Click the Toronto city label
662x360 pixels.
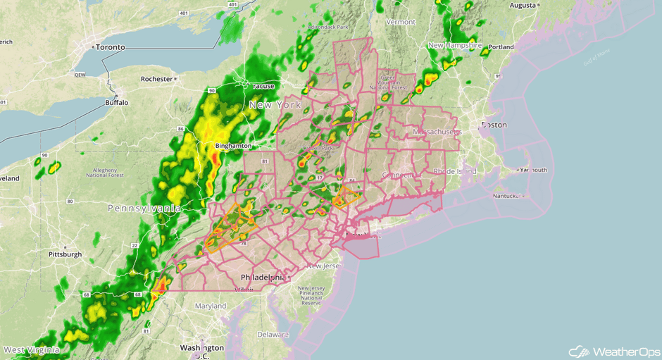(x=110, y=47)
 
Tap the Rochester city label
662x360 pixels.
(x=156, y=79)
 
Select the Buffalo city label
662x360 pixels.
(x=117, y=102)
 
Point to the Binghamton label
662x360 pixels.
(x=233, y=146)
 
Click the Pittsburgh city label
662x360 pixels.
(x=65, y=254)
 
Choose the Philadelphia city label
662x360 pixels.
(x=262, y=278)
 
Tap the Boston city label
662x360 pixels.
(x=494, y=125)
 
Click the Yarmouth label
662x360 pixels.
(x=533, y=170)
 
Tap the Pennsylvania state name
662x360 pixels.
(x=144, y=209)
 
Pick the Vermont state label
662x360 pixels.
(x=401, y=22)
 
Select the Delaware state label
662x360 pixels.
(x=273, y=334)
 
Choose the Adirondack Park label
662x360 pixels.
(x=328, y=27)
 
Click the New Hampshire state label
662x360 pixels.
(x=455, y=45)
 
